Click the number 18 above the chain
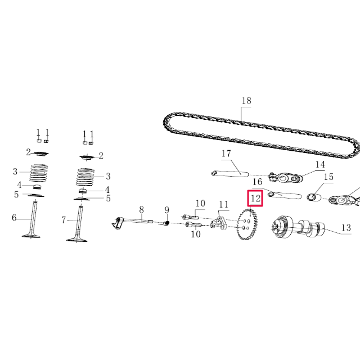point(246,101)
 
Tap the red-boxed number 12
point(255,198)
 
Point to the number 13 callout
point(345,228)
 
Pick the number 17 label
point(226,154)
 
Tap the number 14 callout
point(320,165)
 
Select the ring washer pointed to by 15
point(313,197)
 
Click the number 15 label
point(328,177)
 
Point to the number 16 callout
point(257,182)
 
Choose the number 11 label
point(224,204)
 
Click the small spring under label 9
point(166,224)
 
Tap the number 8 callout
point(142,209)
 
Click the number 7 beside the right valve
point(64,220)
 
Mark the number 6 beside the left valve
point(15,218)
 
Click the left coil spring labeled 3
point(39,173)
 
